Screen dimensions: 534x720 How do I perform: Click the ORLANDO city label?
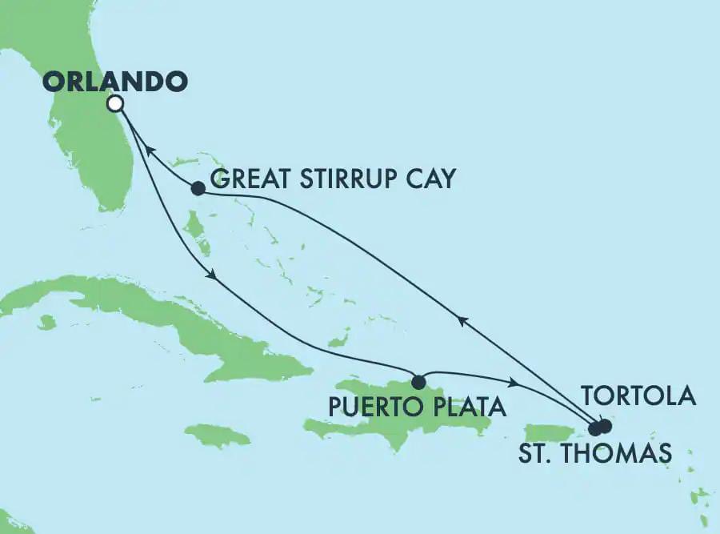click(115, 82)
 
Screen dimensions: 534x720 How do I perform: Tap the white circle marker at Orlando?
click(115, 103)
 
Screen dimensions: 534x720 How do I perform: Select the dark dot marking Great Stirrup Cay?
click(198, 189)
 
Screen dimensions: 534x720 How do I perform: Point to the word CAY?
click(427, 179)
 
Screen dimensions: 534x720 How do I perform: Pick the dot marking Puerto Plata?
click(418, 380)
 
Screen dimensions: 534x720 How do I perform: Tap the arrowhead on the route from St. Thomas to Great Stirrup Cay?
click(461, 319)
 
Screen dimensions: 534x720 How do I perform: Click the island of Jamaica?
click(218, 436)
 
